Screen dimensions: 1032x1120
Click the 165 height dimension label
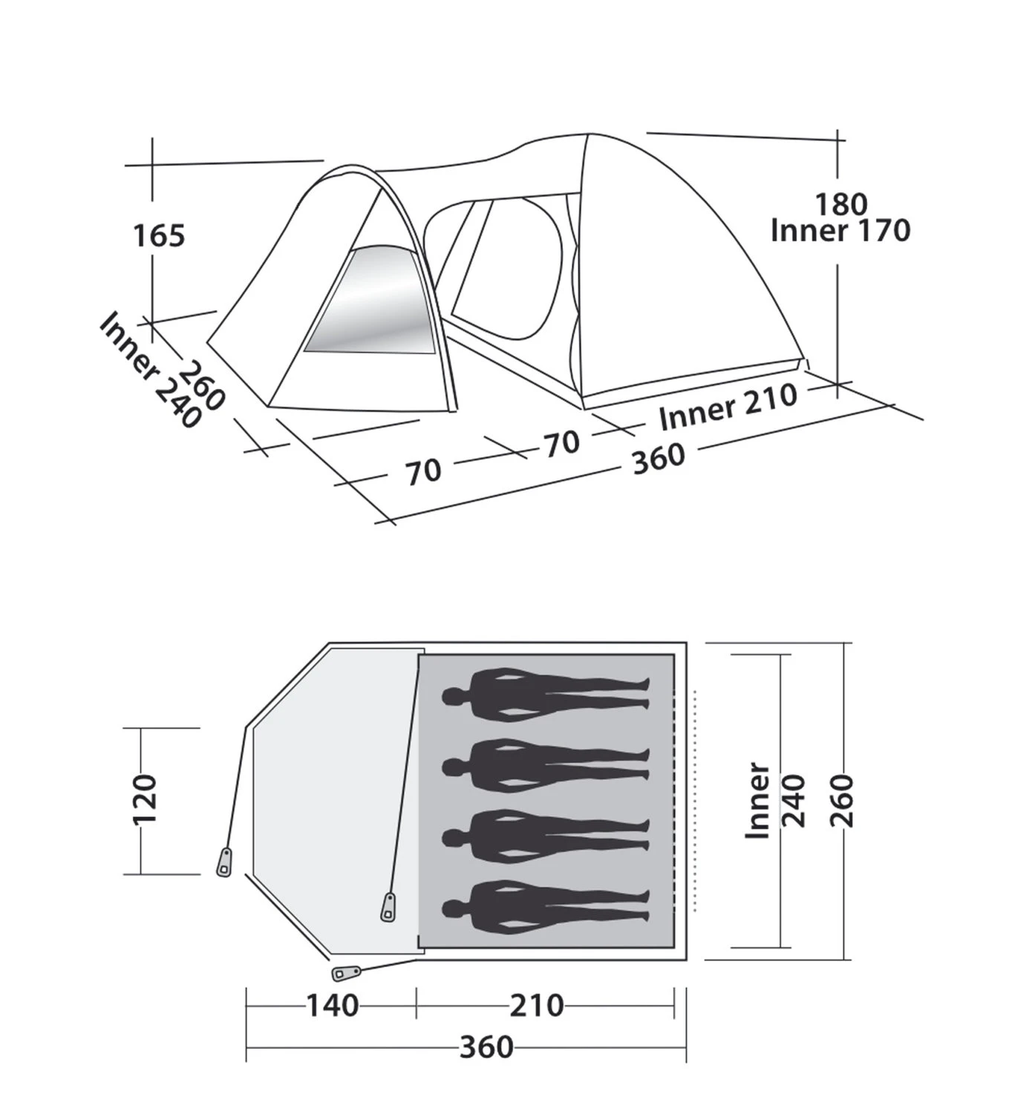tap(159, 235)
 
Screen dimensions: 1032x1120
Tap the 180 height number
tap(841, 204)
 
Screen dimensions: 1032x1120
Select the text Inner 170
tap(840, 231)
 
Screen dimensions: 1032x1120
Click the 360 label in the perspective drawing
tap(659, 459)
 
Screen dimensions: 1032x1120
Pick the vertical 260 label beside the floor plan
tap(843, 801)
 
